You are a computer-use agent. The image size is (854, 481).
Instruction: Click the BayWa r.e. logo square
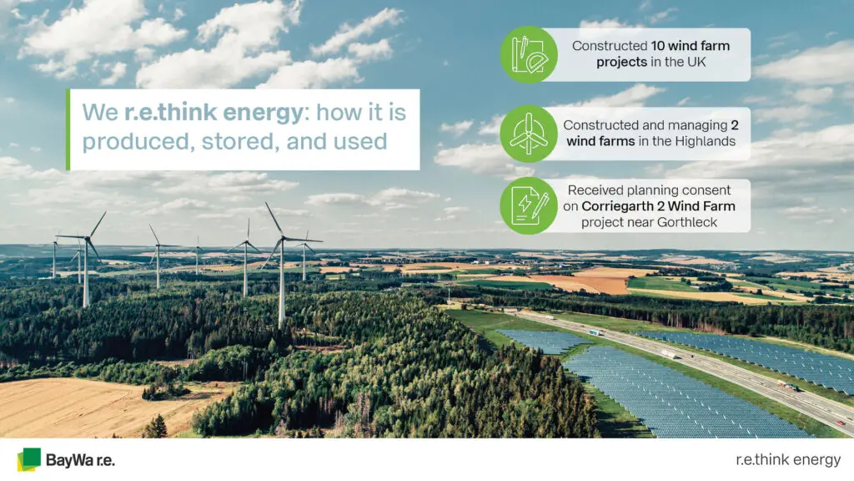pos(29,459)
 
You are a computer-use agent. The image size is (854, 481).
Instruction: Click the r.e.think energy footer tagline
pos(788,460)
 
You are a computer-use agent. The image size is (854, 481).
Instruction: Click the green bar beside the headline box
pos(68,129)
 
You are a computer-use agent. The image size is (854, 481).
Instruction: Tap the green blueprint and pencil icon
pos(529,54)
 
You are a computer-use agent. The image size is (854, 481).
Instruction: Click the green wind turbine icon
pos(529,134)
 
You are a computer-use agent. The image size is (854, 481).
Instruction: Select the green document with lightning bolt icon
pos(529,205)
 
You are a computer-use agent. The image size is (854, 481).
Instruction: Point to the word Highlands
pos(706,141)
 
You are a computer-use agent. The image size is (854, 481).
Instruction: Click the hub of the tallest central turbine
pos(283,237)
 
